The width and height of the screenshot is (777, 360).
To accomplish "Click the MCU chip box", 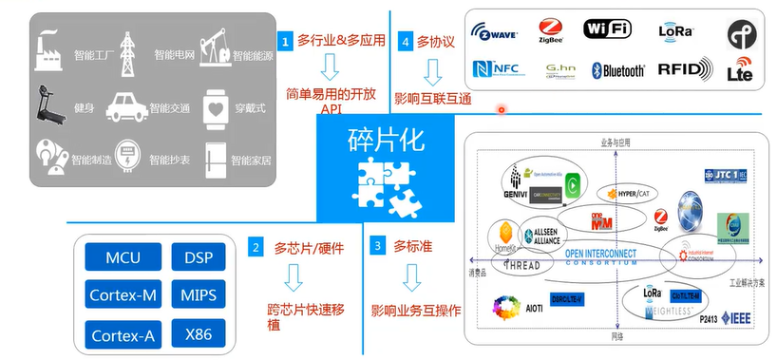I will (123, 258).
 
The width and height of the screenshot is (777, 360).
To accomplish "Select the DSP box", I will (199, 258).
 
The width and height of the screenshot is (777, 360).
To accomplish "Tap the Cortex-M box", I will (123, 295).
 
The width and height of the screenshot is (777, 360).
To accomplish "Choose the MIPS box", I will (199, 295).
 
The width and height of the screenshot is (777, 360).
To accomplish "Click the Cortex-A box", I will (123, 333).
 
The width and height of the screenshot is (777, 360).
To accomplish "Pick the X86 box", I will (199, 333).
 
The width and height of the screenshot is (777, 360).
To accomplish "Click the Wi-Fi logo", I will (607, 28).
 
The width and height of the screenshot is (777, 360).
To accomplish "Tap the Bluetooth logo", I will (618, 69).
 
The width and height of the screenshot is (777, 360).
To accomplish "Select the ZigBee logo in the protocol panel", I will (551, 31).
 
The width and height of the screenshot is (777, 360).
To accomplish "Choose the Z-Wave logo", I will (494, 32).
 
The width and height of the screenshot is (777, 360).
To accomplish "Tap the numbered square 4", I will (407, 42).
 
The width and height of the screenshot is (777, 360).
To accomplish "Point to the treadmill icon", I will (47, 103).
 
